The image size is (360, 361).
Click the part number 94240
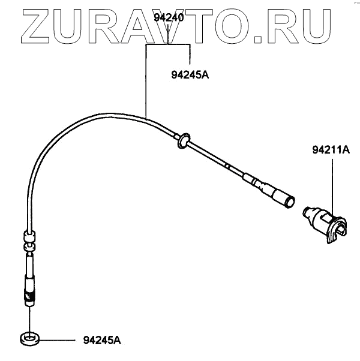(x=168, y=17)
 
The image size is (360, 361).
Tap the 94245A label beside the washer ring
(x=102, y=341)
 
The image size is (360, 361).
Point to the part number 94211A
(x=330, y=150)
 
